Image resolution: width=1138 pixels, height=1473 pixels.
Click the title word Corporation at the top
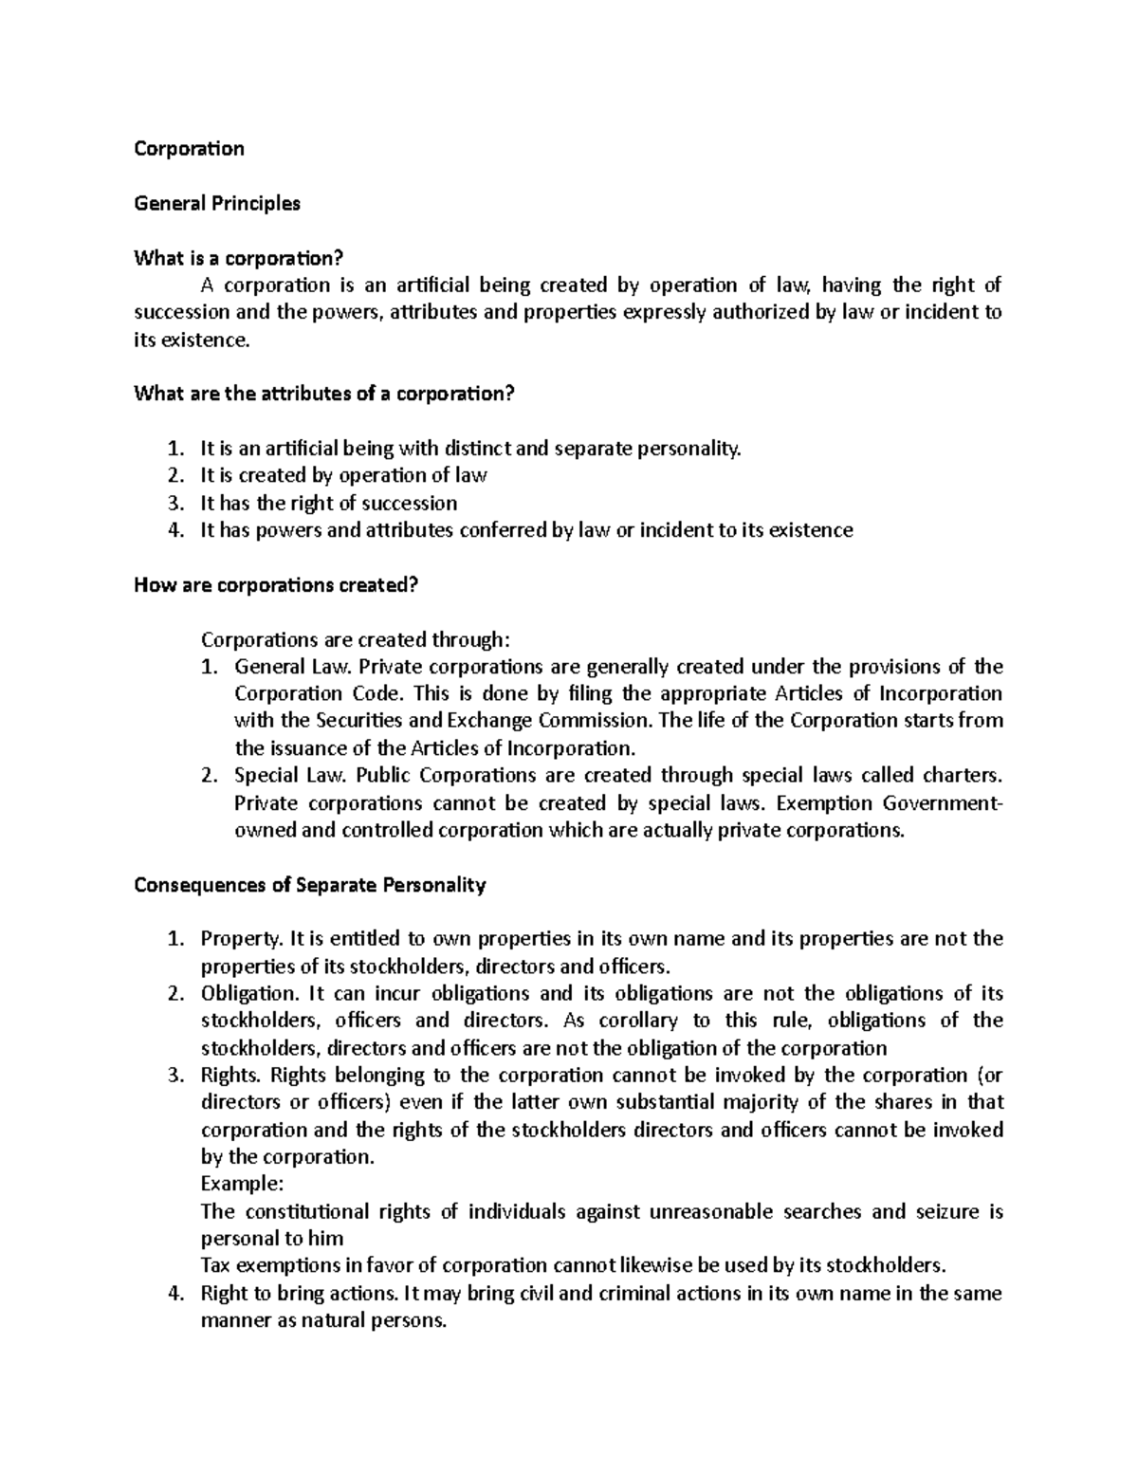(189, 149)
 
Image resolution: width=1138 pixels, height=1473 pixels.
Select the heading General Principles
(217, 203)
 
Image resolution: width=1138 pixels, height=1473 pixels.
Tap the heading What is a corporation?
(237, 258)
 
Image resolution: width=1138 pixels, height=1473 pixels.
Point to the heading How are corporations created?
(276, 585)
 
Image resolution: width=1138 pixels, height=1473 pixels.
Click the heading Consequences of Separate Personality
(310, 885)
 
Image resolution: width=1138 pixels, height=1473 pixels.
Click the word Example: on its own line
(243, 1185)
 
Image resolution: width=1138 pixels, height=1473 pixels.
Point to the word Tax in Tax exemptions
(215, 1266)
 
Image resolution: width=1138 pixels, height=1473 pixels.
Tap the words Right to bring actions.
(299, 1294)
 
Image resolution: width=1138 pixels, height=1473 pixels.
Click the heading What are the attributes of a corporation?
(323, 394)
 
